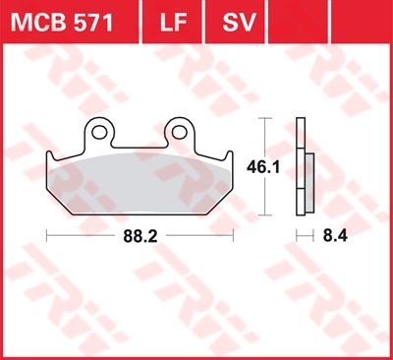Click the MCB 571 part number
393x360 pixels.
pos(62,23)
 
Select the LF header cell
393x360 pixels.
pos(172,22)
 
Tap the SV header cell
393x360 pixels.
pos(235,22)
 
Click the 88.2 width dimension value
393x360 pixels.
pos(140,236)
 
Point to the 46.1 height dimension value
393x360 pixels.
pos(263,167)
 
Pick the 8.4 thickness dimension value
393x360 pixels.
pos(335,236)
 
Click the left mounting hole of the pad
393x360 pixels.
pos(99,133)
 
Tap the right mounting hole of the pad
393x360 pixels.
pos(180,133)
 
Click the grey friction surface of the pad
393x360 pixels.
pos(140,184)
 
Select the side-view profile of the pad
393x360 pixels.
pos(306,166)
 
